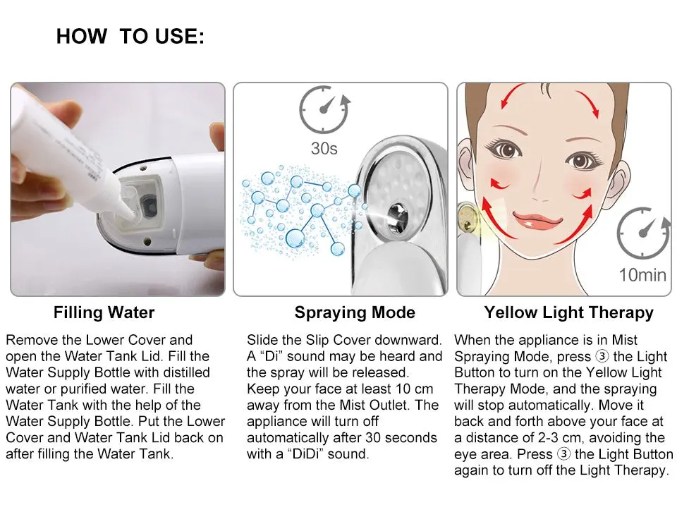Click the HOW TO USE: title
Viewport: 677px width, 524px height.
point(130,37)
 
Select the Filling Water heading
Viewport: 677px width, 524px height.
point(104,312)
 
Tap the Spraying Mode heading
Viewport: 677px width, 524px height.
point(355,312)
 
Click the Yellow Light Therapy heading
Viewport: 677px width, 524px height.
point(568,312)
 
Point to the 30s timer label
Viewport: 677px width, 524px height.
point(324,149)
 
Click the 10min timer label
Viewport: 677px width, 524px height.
point(642,274)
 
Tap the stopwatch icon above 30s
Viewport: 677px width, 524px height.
point(324,110)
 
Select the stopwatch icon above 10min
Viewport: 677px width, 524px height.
point(642,233)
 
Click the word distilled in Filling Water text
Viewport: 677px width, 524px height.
point(183,372)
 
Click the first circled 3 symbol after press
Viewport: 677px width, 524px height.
point(602,357)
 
